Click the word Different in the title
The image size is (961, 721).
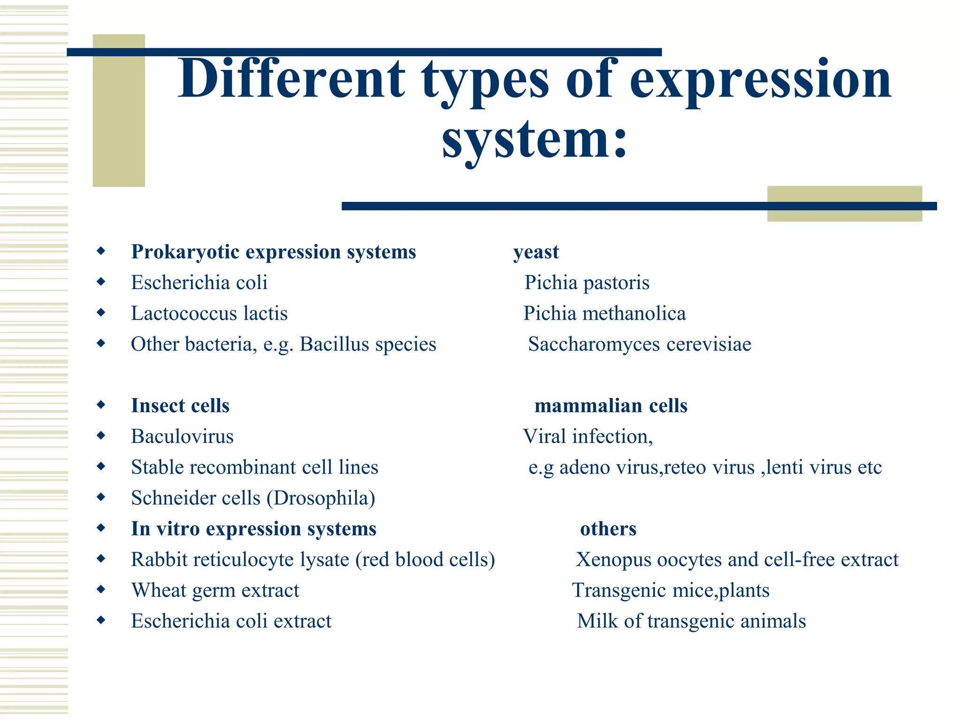click(291, 79)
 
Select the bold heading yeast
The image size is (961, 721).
click(536, 252)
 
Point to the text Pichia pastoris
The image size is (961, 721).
click(587, 283)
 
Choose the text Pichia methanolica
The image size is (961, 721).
click(604, 314)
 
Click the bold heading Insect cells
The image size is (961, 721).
click(180, 406)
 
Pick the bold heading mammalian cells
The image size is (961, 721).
click(611, 406)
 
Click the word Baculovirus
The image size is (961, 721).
click(182, 437)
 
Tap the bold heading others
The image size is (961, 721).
click(608, 529)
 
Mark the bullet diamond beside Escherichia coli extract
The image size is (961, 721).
click(101, 621)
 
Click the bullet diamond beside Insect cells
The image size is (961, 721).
click(101, 405)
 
